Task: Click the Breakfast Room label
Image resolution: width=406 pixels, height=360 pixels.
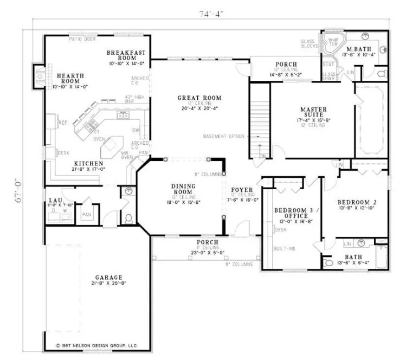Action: pos(120,53)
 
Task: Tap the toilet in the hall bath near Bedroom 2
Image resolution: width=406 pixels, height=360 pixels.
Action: pos(328,262)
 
